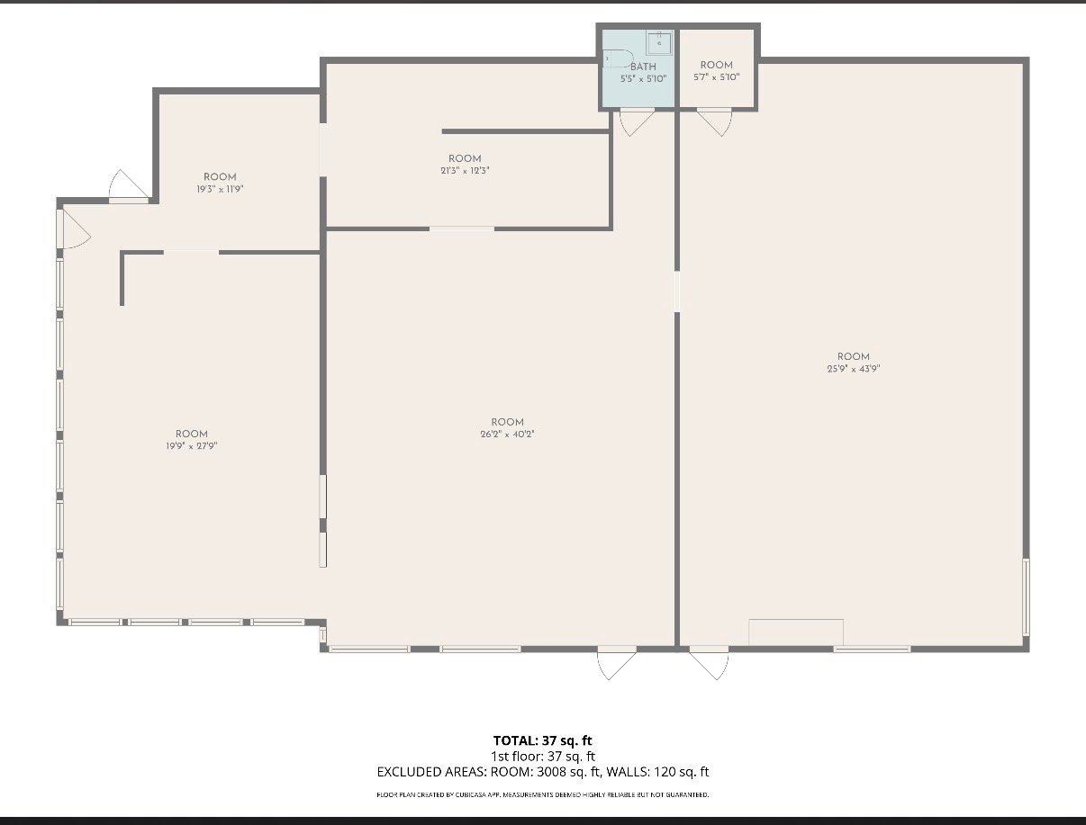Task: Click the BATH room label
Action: tap(643, 67)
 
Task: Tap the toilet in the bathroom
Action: tap(619, 58)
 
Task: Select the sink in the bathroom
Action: tap(659, 43)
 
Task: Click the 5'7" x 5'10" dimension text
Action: tap(717, 77)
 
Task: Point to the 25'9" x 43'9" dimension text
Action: tap(854, 369)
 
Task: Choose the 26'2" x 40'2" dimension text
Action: tap(507, 435)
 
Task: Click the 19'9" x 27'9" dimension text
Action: tap(192, 446)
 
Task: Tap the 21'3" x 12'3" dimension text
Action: tap(465, 171)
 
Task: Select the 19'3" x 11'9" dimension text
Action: tap(220, 189)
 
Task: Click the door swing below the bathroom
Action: tap(637, 123)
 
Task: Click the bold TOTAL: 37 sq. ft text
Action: tap(542, 740)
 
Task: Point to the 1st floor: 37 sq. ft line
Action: tap(543, 757)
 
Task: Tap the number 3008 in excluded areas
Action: tap(552, 772)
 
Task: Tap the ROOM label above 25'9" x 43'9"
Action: tap(854, 357)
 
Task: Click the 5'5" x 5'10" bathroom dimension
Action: tap(643, 78)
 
